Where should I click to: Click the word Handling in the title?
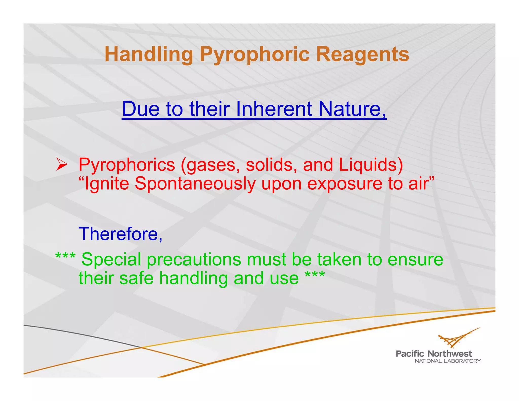click(x=149, y=54)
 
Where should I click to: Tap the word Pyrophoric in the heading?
click(x=254, y=54)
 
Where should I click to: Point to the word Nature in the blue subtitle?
click(x=352, y=109)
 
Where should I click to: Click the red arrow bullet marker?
click(x=62, y=165)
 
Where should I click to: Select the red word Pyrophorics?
click(x=127, y=165)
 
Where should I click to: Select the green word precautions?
click(x=194, y=260)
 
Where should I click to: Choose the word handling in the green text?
click(x=194, y=278)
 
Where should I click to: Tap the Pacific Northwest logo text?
click(x=434, y=353)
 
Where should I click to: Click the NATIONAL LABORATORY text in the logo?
click(x=448, y=361)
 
